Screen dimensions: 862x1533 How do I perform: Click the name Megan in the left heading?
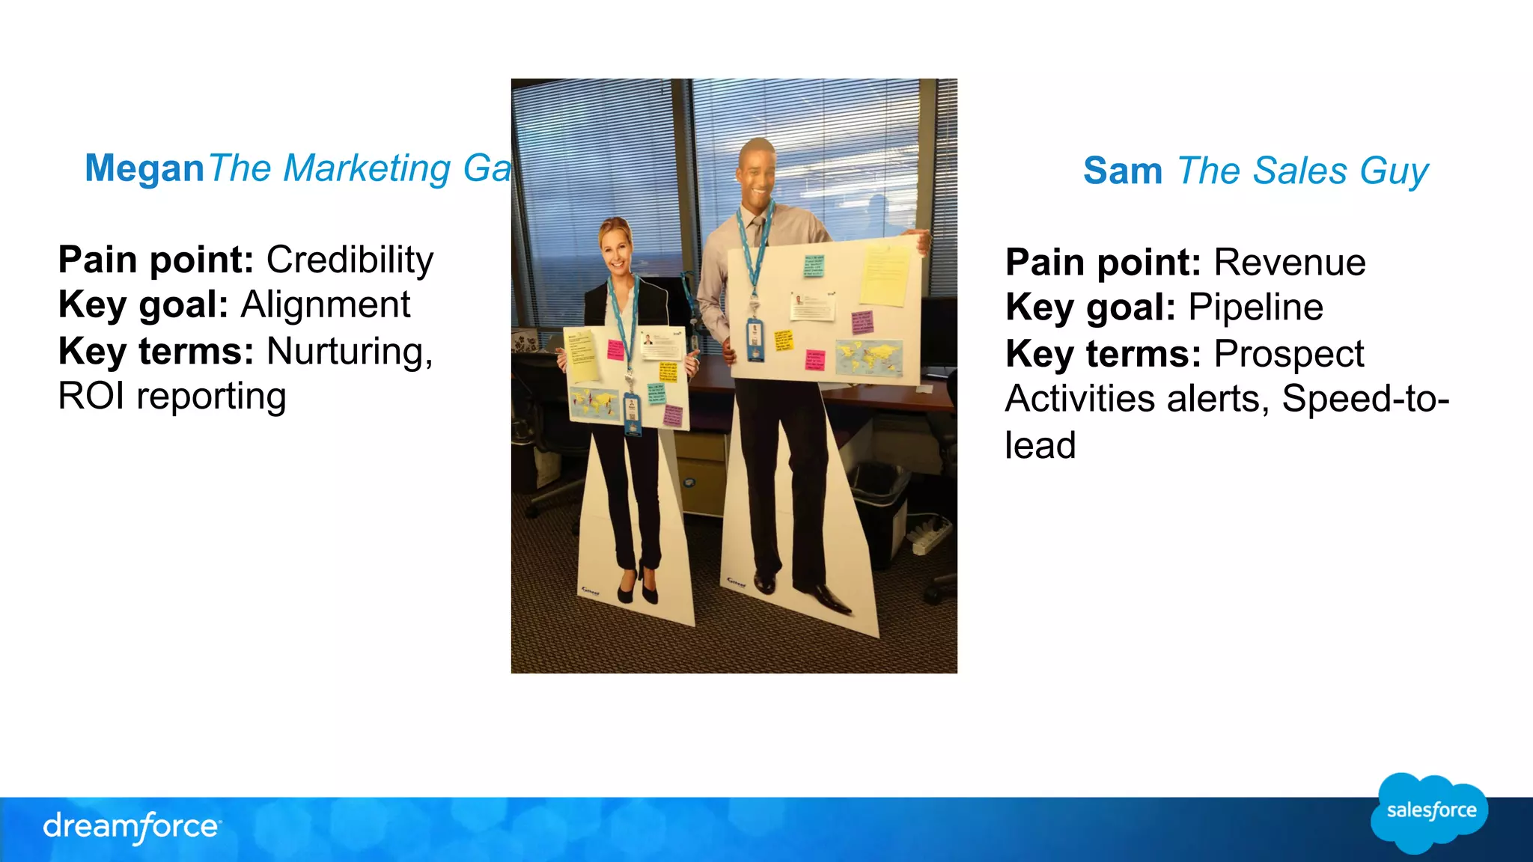click(x=144, y=168)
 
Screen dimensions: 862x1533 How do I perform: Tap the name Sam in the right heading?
click(x=1122, y=171)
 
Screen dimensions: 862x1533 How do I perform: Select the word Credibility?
click(x=350, y=260)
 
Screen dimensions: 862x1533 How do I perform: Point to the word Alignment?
click(x=325, y=305)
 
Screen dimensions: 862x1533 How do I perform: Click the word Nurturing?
click(x=349, y=351)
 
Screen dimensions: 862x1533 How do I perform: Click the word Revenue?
click(x=1289, y=263)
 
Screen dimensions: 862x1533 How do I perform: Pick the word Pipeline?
click(x=1255, y=308)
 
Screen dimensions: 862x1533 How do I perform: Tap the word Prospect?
click(x=1288, y=354)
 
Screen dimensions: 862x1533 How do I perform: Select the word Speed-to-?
click(x=1365, y=399)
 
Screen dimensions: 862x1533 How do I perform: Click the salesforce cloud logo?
click(x=1430, y=812)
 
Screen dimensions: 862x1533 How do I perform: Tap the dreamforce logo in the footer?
click(x=132, y=827)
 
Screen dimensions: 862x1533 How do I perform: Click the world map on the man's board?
click(x=869, y=357)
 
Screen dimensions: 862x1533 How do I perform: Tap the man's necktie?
click(x=758, y=232)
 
